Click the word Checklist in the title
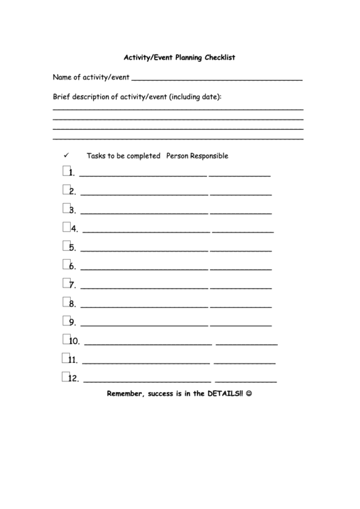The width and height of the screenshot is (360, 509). coord(218,58)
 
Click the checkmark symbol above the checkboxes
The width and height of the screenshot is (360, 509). coord(67,155)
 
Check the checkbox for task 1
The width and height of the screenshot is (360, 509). coord(67,171)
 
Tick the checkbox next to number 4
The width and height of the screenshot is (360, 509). coord(67,227)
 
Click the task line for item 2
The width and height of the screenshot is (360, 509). coord(143,194)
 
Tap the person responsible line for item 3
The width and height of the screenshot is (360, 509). coord(240,213)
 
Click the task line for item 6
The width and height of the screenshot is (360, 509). coord(143,269)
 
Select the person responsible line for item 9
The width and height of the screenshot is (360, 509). coord(240,325)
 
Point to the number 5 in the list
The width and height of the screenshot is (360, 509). coord(72,248)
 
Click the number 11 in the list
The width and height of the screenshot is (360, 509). coord(74,360)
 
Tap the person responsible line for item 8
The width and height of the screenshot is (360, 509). coord(240,306)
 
